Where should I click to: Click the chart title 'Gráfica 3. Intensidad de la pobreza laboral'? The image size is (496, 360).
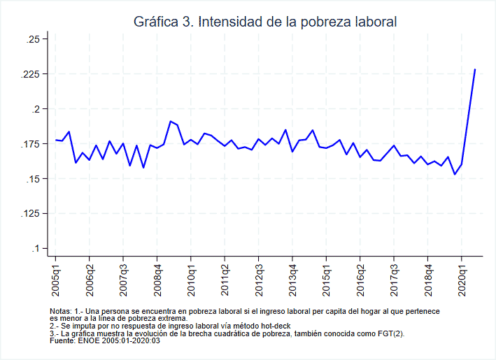265,22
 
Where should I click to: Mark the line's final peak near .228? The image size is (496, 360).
475,69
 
